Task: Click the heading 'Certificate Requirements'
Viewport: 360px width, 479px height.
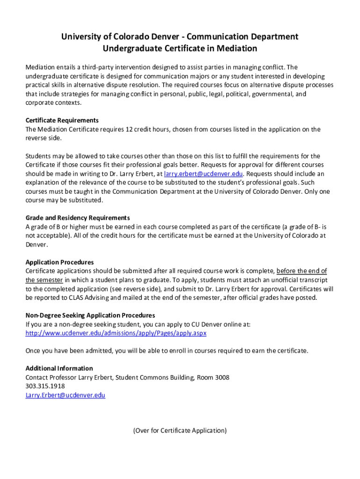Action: point(62,120)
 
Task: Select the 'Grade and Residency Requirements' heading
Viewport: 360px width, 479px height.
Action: point(78,218)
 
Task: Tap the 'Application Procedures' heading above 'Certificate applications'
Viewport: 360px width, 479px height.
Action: point(59,262)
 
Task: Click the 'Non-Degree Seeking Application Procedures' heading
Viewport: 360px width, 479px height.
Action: point(90,315)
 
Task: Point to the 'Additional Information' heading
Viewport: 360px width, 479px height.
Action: point(59,368)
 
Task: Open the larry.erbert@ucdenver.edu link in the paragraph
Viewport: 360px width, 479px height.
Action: point(203,174)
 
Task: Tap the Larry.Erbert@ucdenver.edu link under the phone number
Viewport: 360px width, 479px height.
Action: point(65,395)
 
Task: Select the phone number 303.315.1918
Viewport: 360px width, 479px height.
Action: point(45,386)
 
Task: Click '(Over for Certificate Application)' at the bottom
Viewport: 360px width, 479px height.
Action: point(180,431)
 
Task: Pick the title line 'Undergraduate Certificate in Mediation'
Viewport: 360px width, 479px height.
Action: point(180,49)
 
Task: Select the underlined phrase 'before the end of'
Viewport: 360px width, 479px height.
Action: point(302,271)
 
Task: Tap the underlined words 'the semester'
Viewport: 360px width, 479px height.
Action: point(44,280)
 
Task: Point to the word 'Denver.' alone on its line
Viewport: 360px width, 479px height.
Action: point(36,245)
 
